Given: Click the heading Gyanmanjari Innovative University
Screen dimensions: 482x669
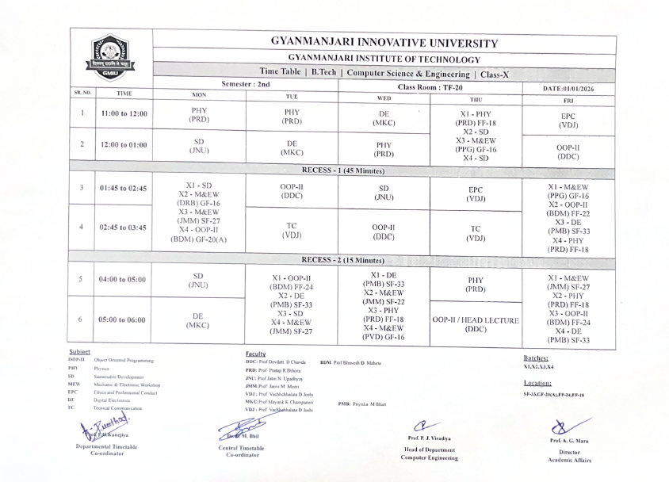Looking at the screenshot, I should [x=384, y=43].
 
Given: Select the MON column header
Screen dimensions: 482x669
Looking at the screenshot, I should [x=199, y=96].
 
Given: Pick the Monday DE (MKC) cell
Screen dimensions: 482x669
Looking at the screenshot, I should [x=199, y=319].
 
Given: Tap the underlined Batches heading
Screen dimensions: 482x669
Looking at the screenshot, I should [x=537, y=358].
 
